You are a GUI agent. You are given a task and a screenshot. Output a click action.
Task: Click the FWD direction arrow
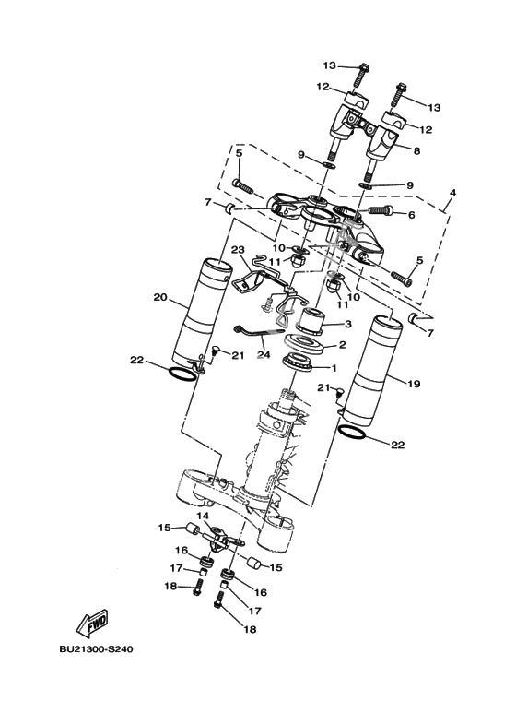tap(91, 624)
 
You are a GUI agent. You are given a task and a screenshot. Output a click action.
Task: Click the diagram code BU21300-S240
tap(97, 649)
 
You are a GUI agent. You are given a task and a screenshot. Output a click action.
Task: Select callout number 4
tap(452, 193)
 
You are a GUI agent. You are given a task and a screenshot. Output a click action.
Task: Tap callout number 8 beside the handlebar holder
tap(416, 151)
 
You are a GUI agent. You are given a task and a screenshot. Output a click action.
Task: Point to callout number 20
tap(161, 297)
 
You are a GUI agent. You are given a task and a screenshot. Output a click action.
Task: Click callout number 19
tap(414, 384)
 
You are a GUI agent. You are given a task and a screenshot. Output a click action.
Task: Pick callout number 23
tap(238, 250)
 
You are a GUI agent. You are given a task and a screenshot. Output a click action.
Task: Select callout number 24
tap(264, 355)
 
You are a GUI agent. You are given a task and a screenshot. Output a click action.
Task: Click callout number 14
tap(202, 516)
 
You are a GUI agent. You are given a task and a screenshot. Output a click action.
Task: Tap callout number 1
tap(334, 368)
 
